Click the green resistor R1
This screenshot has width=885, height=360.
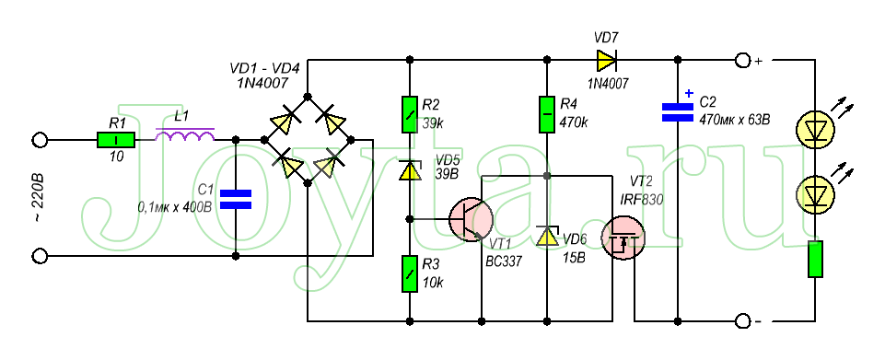coord(116,139)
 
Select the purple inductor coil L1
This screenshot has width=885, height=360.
coord(185,135)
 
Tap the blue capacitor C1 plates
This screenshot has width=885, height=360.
coord(236,199)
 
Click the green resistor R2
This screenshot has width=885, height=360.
coord(411,114)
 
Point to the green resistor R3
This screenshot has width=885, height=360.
coord(411,273)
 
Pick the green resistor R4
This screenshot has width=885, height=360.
coord(546,114)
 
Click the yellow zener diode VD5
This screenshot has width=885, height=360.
coord(411,169)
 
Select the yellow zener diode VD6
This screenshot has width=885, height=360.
coord(546,236)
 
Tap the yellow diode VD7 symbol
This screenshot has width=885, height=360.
coord(604,59)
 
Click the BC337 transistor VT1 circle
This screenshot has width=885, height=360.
coord(471,219)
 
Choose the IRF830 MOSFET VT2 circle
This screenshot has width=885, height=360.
coord(622,238)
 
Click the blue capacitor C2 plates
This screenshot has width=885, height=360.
coord(677,111)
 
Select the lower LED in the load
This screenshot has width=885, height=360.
coord(815,194)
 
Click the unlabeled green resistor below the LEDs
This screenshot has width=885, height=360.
coord(815,259)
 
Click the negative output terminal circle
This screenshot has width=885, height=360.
coord(741,321)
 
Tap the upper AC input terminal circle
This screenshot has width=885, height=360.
coord(39,139)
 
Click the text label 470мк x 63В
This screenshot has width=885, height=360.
coord(735,120)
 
